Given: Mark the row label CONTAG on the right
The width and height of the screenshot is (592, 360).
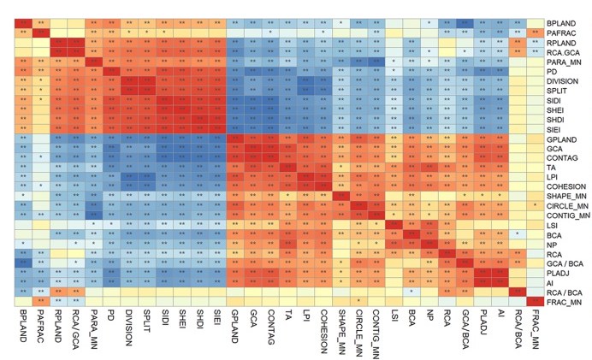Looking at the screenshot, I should (559, 157).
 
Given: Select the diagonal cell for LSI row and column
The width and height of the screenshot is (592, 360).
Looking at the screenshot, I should (394, 225).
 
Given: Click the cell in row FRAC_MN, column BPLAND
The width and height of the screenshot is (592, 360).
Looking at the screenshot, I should (23, 302).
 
